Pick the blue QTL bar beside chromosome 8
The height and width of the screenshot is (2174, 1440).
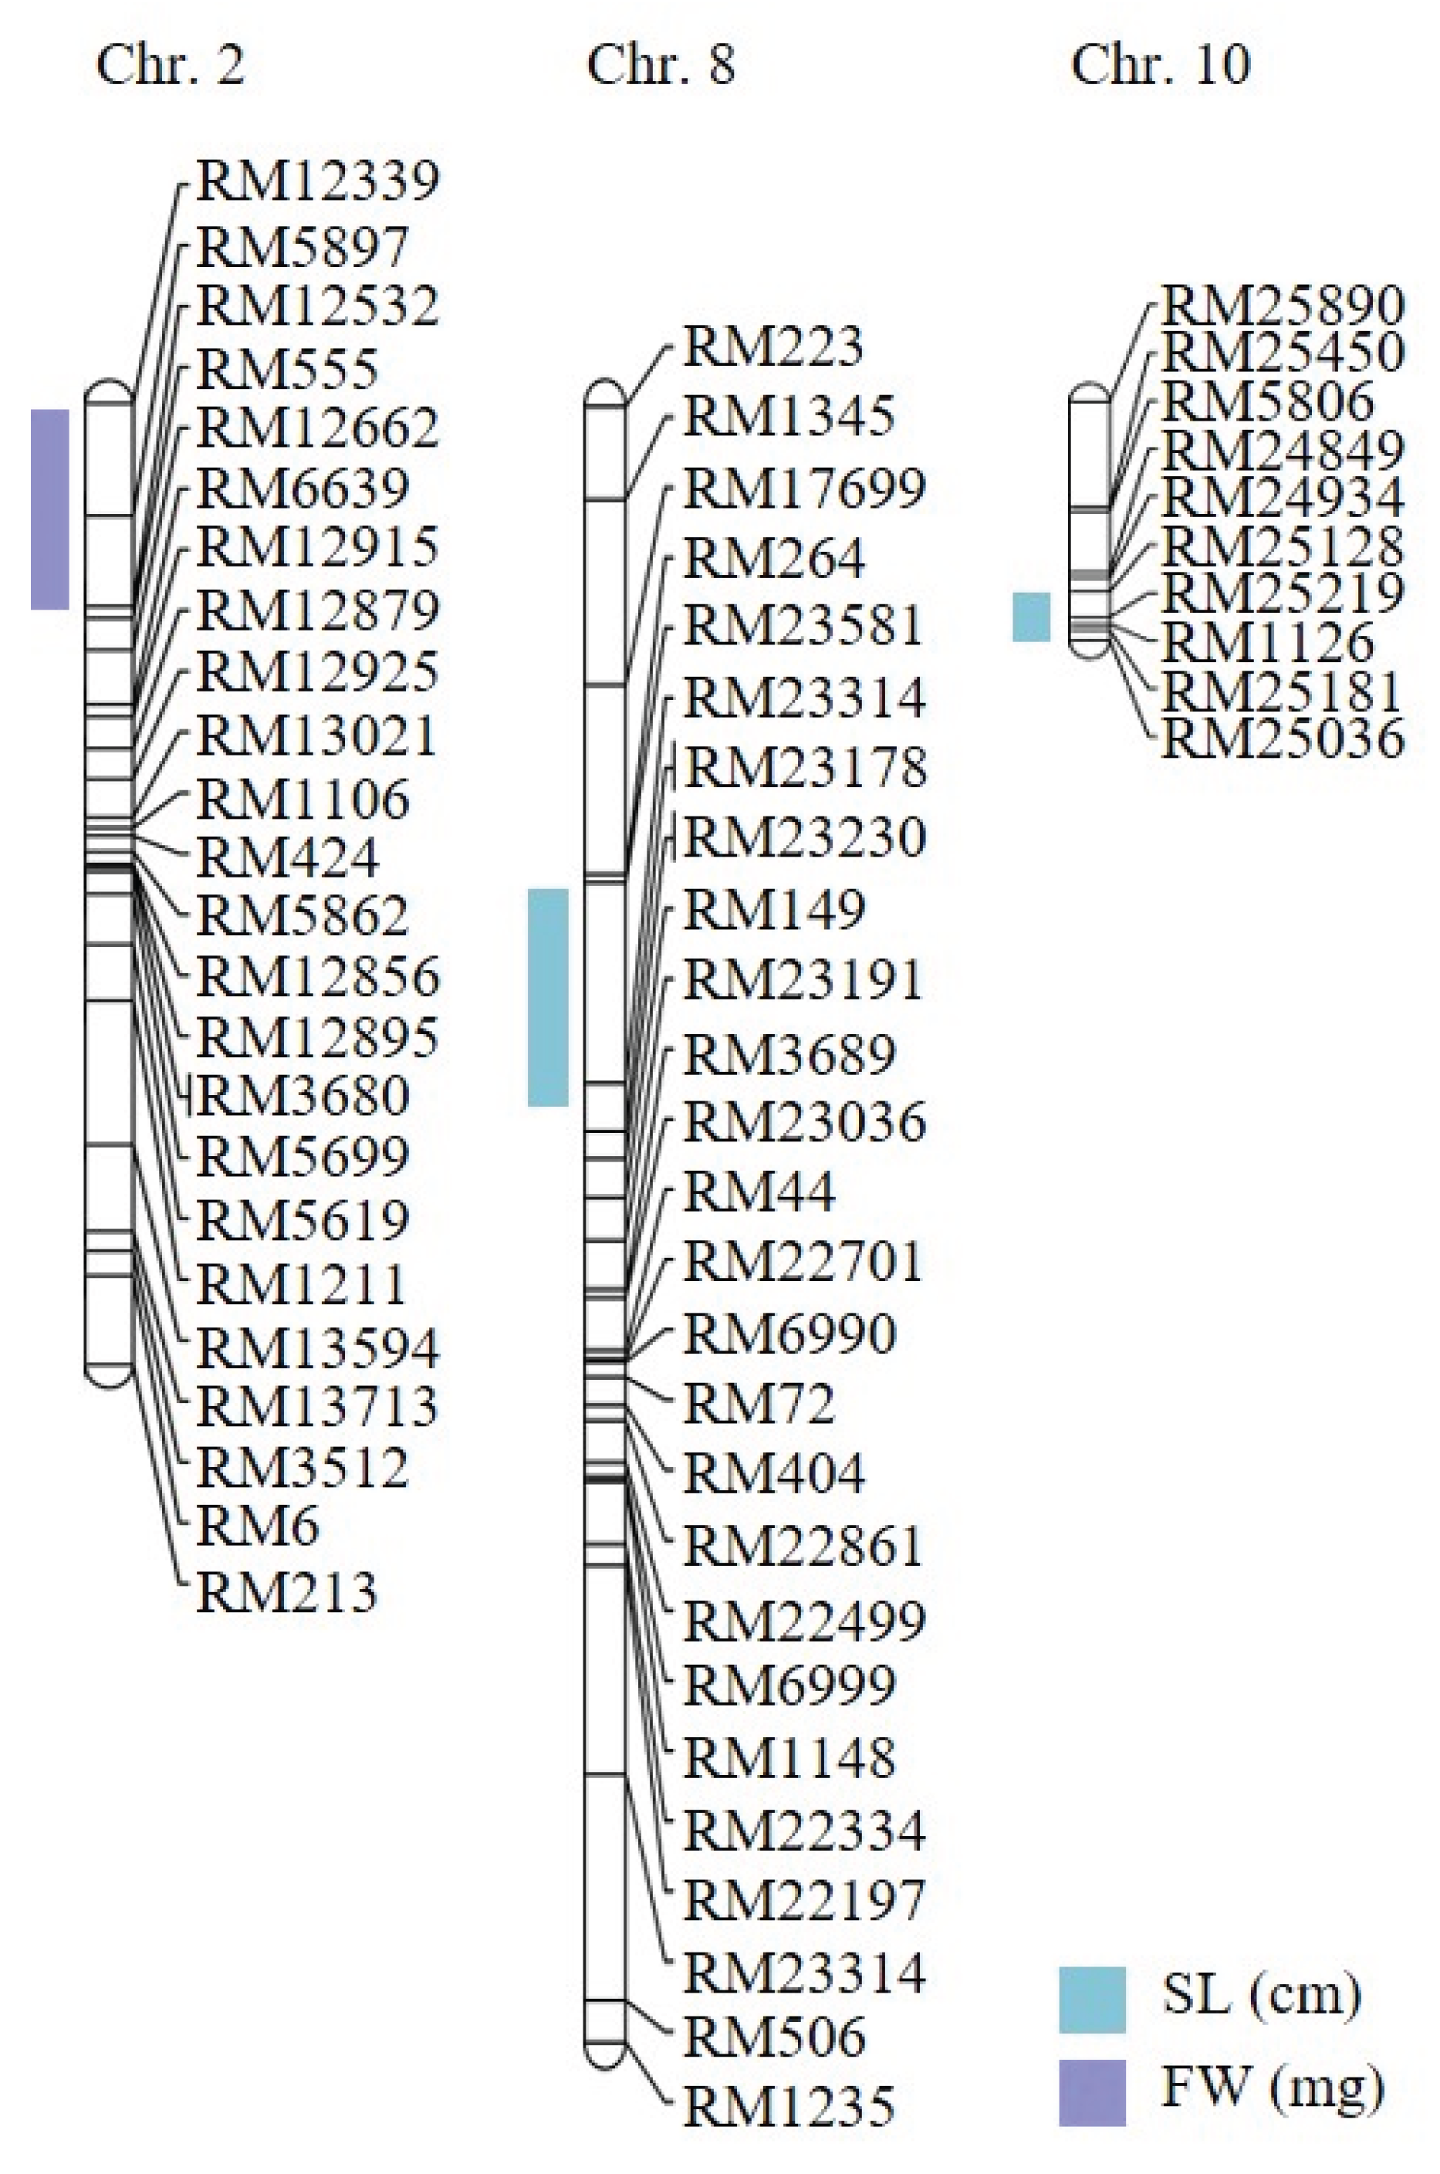(x=547, y=996)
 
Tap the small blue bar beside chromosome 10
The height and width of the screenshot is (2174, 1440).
(x=1031, y=617)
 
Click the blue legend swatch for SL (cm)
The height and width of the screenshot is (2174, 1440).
(x=1092, y=2000)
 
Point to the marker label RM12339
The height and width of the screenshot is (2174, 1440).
(x=318, y=181)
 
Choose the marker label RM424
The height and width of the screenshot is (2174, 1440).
(x=287, y=858)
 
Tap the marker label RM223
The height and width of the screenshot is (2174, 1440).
(x=773, y=347)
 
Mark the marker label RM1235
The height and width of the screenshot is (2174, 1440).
(x=789, y=2106)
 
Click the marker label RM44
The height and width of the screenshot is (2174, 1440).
(x=759, y=1192)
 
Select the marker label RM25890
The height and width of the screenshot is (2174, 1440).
(x=1283, y=304)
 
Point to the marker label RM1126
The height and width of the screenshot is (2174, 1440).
(x=1268, y=642)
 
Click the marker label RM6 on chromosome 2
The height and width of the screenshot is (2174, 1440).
(x=258, y=1527)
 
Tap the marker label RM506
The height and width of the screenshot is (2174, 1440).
(x=774, y=2036)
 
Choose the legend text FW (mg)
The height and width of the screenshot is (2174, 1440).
(x=1273, y=2087)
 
